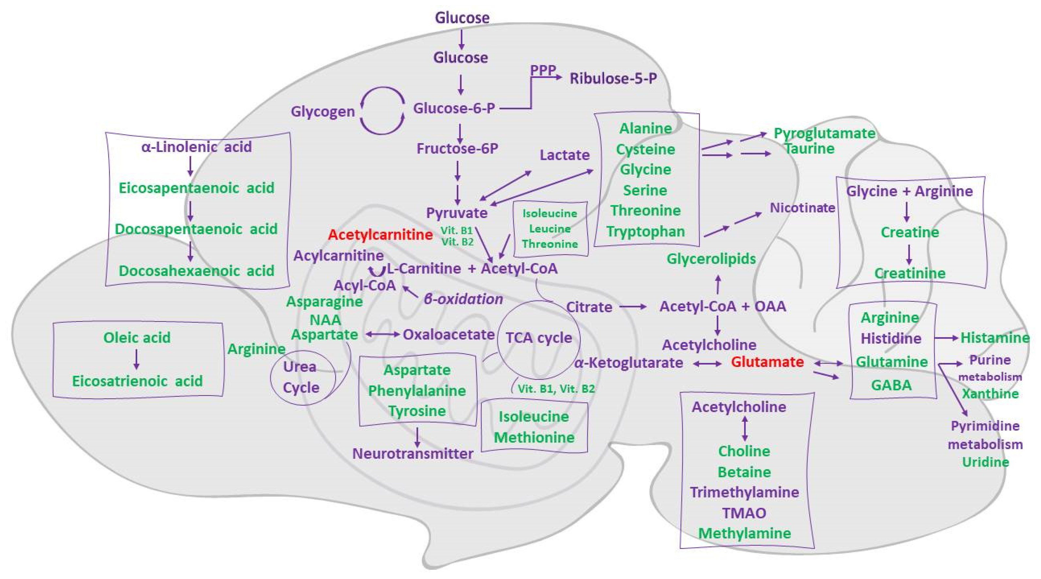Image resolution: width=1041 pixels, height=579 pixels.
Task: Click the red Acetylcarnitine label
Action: [380, 235]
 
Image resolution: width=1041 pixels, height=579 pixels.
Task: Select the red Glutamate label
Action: [767, 362]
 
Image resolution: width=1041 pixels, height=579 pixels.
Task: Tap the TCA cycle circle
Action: [538, 338]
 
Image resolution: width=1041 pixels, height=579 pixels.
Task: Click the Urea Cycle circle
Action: [302, 377]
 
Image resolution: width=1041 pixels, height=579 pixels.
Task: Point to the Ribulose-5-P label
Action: [613, 78]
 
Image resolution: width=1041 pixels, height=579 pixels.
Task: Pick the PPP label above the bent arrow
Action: [543, 70]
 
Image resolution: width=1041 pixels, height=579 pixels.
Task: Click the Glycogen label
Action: [322, 111]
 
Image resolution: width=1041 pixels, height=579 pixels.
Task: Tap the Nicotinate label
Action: [802, 208]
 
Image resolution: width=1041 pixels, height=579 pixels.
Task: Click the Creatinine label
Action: [910, 273]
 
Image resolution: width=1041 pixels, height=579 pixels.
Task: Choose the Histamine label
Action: [995, 338]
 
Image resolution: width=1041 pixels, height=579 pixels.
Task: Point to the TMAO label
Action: [744, 513]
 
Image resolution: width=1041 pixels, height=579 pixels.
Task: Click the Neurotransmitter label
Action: [412, 454]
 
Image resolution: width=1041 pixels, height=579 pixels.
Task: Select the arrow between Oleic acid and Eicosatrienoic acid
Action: [137, 359]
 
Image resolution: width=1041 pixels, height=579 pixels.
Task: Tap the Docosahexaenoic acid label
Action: [196, 270]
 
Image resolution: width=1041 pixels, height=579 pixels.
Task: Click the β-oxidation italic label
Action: [463, 299]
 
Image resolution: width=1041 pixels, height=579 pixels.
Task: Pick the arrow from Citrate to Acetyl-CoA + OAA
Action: [633, 307]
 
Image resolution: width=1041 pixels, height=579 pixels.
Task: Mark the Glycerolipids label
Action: [711, 259]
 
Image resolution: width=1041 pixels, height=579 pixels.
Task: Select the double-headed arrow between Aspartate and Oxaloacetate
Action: [382, 335]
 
